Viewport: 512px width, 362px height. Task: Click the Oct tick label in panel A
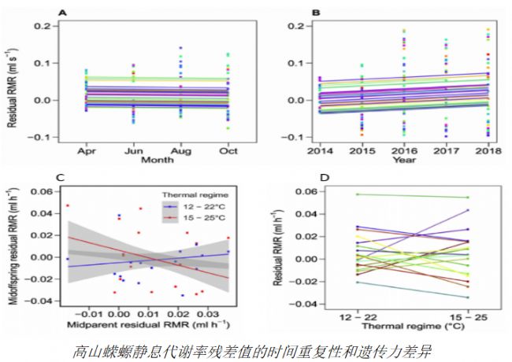tap(228, 150)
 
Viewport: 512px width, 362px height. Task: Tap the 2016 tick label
tap(406, 150)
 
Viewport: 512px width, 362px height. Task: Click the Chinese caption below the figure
tap(257, 346)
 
